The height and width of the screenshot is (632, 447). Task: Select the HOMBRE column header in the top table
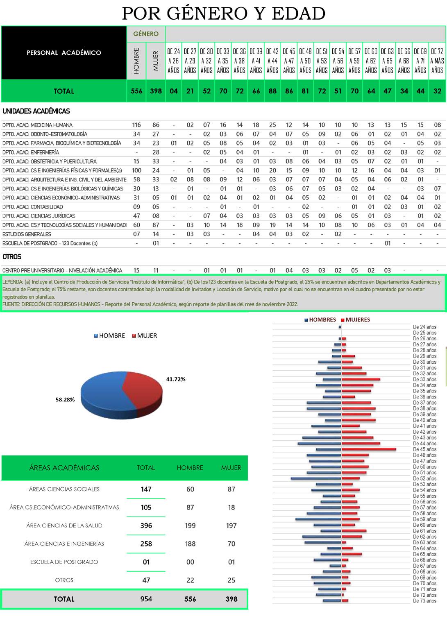click(x=137, y=61)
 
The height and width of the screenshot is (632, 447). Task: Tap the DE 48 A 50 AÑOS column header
click(x=305, y=61)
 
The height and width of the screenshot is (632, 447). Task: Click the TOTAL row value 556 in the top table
click(x=136, y=91)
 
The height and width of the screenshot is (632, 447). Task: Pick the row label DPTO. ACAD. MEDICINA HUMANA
click(x=37, y=125)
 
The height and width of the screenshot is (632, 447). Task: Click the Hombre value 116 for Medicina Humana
click(x=136, y=125)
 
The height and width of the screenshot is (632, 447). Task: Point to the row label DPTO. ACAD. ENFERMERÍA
click(x=31, y=152)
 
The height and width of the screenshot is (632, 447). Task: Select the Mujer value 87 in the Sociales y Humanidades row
click(x=156, y=225)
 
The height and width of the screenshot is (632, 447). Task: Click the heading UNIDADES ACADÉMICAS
click(x=36, y=111)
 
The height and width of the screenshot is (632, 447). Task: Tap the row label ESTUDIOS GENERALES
click(x=27, y=234)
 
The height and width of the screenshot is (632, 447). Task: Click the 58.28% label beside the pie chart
click(x=65, y=399)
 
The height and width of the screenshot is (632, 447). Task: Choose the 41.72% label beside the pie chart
click(x=176, y=379)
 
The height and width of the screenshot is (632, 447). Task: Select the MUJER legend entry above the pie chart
click(x=145, y=335)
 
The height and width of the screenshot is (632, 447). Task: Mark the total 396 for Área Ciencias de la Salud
click(x=146, y=526)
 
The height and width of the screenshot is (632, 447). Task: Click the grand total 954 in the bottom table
click(x=146, y=599)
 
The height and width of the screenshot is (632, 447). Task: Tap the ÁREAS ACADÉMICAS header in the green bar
click(x=64, y=468)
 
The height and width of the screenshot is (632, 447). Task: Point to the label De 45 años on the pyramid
click(x=424, y=449)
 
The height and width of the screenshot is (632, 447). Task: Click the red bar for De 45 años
click(x=369, y=449)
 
